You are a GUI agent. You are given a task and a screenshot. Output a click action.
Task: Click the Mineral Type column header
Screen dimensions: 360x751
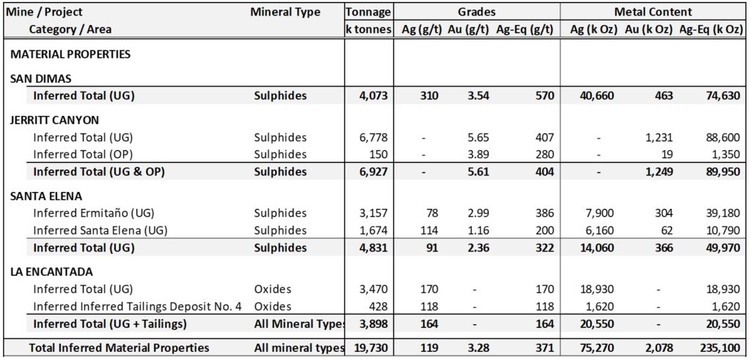click(285, 12)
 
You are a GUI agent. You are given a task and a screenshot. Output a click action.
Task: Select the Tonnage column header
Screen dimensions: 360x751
click(368, 12)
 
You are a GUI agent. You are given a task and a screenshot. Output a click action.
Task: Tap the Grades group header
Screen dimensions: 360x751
click(477, 12)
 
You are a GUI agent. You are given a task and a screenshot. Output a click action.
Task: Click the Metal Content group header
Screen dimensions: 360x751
click(653, 12)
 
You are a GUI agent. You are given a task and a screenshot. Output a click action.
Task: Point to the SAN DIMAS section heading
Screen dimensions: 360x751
click(40, 78)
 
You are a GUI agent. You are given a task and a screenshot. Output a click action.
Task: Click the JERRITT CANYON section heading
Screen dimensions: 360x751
click(55, 120)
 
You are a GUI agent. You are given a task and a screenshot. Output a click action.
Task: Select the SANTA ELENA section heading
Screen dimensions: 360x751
click(46, 196)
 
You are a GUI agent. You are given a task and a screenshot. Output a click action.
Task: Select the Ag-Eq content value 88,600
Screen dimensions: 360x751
click(719, 138)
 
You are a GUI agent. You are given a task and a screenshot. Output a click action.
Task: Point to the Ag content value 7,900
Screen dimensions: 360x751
click(598, 213)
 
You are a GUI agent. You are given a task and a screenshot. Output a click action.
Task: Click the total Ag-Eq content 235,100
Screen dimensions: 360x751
click(717, 348)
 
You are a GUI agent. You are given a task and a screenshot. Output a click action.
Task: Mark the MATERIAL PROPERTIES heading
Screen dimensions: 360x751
click(70, 54)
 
